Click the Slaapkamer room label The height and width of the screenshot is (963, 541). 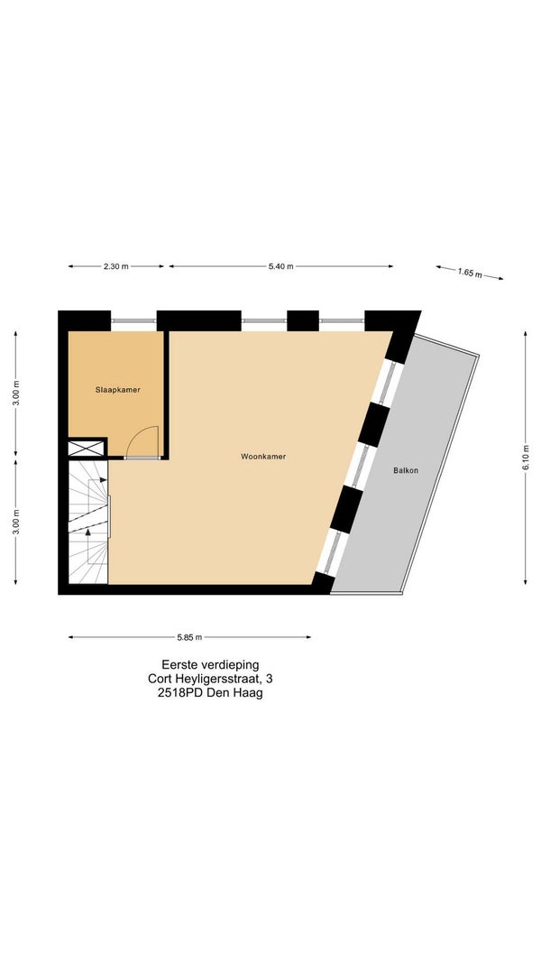coord(118,389)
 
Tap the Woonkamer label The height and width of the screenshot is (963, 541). coord(263,457)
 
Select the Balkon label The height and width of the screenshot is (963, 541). coord(406,470)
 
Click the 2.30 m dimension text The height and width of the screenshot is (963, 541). coord(116,266)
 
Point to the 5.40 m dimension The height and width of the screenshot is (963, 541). coord(281,266)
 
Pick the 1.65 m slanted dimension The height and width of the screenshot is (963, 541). coord(470,273)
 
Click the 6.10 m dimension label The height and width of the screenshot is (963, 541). coord(526,458)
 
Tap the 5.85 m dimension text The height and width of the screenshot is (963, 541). coord(189,637)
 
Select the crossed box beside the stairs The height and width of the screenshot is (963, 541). coord(87,448)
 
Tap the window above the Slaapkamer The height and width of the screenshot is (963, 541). coord(133,320)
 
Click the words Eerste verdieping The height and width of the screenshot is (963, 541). coord(210,664)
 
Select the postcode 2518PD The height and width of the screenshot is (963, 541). coord(177,694)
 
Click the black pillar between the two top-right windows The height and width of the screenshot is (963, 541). coord(303,320)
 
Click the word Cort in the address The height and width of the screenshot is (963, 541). coord(160,680)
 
